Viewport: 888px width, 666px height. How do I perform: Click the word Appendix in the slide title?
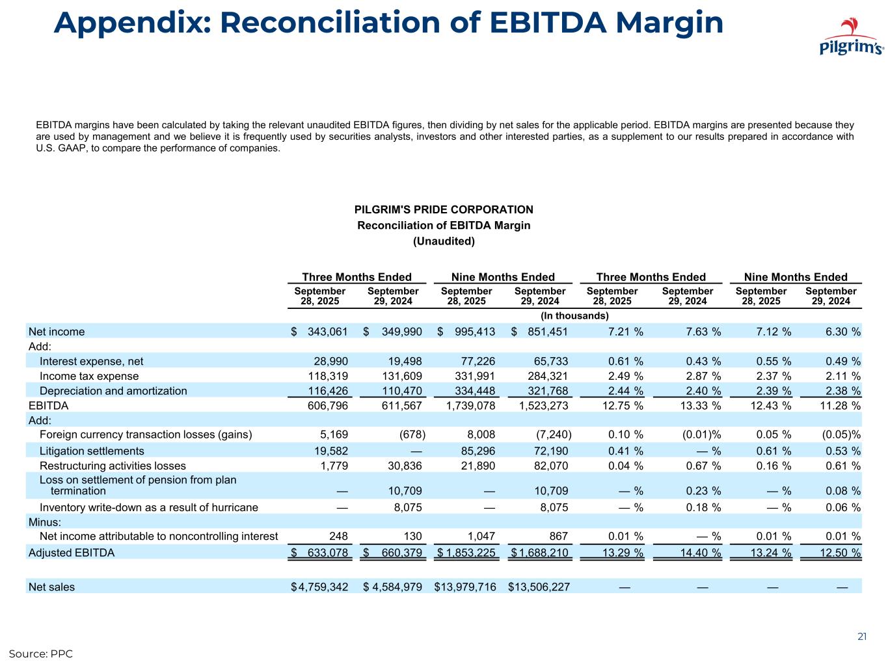click(x=129, y=23)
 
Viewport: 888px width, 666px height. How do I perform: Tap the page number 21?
click(x=862, y=637)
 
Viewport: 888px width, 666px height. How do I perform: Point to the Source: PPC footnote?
click(x=40, y=654)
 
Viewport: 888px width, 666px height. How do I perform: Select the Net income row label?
click(x=57, y=332)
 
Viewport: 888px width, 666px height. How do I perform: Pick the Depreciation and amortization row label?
click(x=113, y=391)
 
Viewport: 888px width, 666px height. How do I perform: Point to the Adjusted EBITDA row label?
click(x=72, y=553)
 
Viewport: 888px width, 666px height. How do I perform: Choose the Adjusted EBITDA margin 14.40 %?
click(x=695, y=553)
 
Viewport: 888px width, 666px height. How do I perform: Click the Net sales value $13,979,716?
click(x=465, y=587)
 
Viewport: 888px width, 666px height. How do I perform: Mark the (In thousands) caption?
click(x=574, y=316)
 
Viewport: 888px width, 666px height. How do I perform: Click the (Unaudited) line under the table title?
click(x=444, y=241)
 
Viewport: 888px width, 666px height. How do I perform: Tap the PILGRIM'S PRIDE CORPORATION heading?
click(x=444, y=209)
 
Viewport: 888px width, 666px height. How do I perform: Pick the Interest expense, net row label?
click(x=92, y=361)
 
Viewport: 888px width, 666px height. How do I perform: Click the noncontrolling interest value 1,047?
click(x=481, y=537)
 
